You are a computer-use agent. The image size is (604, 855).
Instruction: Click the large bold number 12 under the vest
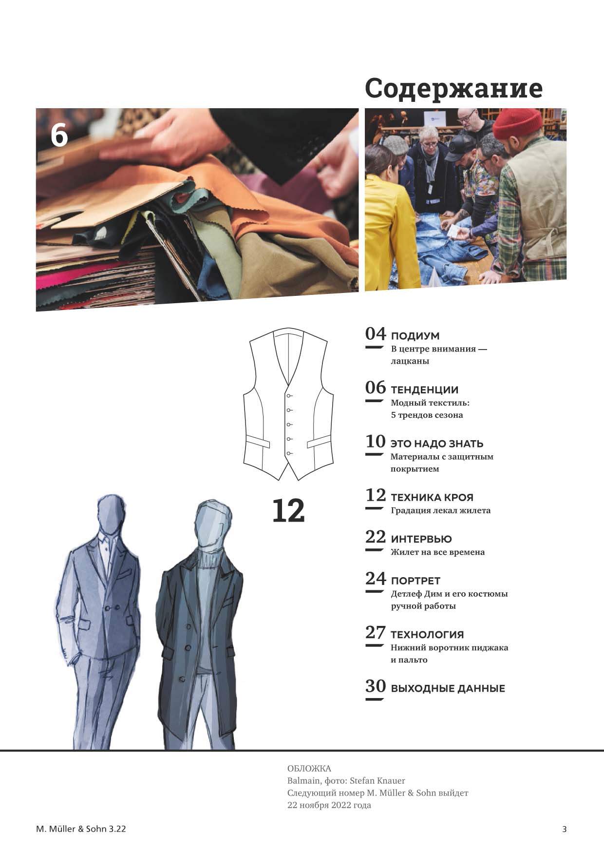coord(288,510)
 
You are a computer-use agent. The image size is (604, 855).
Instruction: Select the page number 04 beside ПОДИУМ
coord(376,334)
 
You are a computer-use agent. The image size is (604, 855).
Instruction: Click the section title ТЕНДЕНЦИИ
coord(424,390)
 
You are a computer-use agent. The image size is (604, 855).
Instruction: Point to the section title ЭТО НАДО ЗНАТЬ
coord(437,444)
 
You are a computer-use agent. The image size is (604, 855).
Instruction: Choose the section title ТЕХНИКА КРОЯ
coord(432,498)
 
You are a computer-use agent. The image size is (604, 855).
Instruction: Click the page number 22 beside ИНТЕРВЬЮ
coord(376,537)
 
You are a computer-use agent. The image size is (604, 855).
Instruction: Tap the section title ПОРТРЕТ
coord(415,581)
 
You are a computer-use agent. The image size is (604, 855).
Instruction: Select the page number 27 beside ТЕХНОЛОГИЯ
coord(376,633)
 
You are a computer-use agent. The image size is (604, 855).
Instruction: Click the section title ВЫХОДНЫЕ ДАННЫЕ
coord(448,689)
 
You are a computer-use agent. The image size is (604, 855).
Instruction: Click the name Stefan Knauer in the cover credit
coord(377,781)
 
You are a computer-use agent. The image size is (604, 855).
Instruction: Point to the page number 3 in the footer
coord(565,829)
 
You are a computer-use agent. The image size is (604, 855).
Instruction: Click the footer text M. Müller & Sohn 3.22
coord(81,829)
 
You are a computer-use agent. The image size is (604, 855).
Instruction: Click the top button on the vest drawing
coord(289,395)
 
